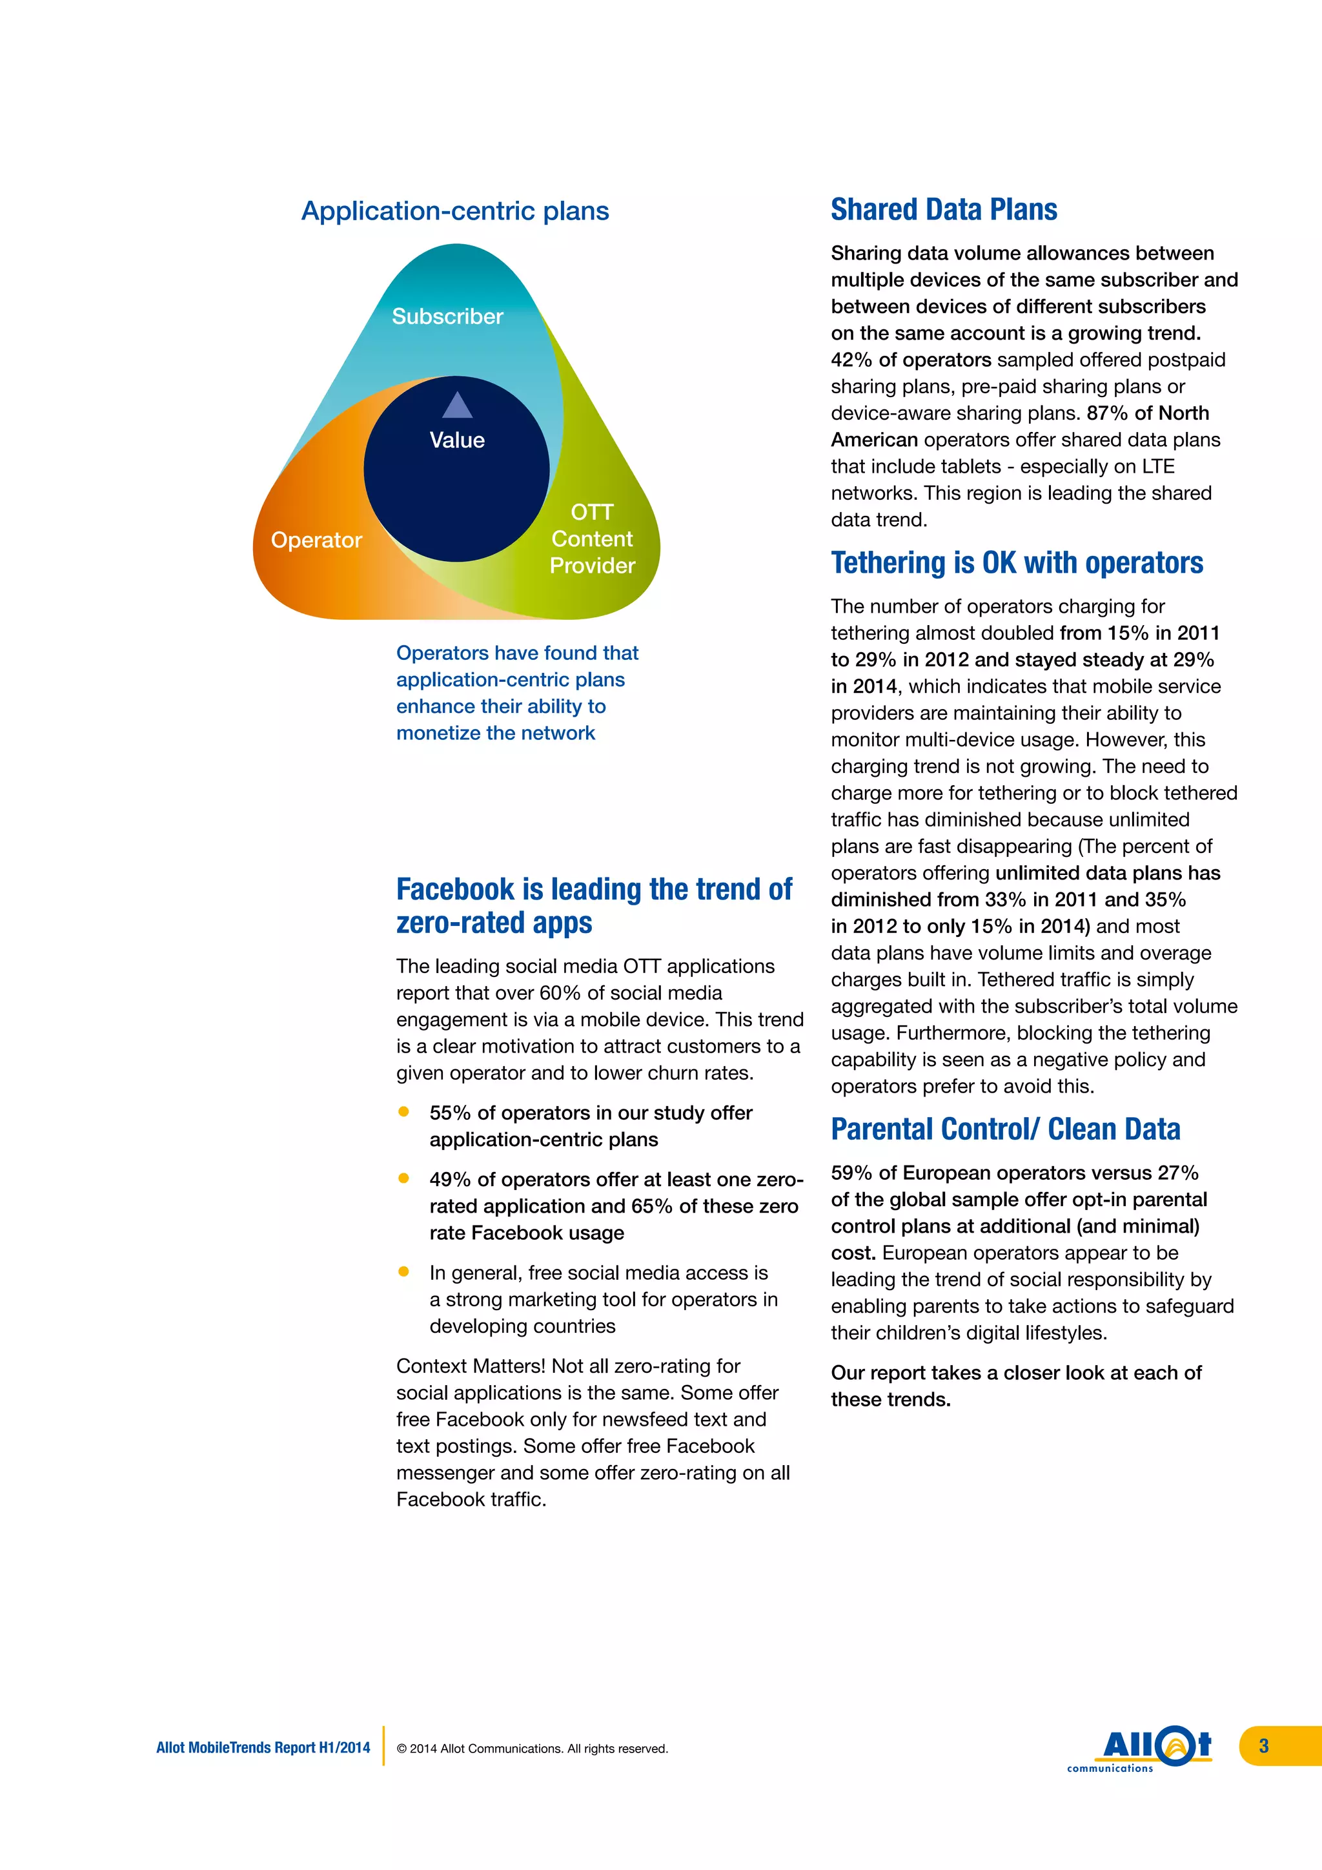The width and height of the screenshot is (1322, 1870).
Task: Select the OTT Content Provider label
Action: (592, 539)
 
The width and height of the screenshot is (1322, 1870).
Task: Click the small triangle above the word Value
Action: (458, 406)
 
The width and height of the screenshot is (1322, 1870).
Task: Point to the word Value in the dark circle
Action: (456, 440)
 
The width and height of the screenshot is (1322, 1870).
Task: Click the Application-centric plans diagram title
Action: (455, 211)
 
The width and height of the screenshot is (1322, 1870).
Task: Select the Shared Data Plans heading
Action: (944, 210)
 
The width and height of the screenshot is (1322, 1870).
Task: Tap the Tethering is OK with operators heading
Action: (1016, 563)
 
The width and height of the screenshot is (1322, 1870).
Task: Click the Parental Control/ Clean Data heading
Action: (1004, 1129)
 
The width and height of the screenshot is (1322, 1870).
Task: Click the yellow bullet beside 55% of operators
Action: (403, 1112)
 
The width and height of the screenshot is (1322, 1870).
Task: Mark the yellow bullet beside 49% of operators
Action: (403, 1178)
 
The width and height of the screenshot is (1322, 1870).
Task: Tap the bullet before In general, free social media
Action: (403, 1271)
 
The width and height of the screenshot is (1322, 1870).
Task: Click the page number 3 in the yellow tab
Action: (1263, 1745)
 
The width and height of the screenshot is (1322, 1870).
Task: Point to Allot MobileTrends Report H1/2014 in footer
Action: (263, 1748)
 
